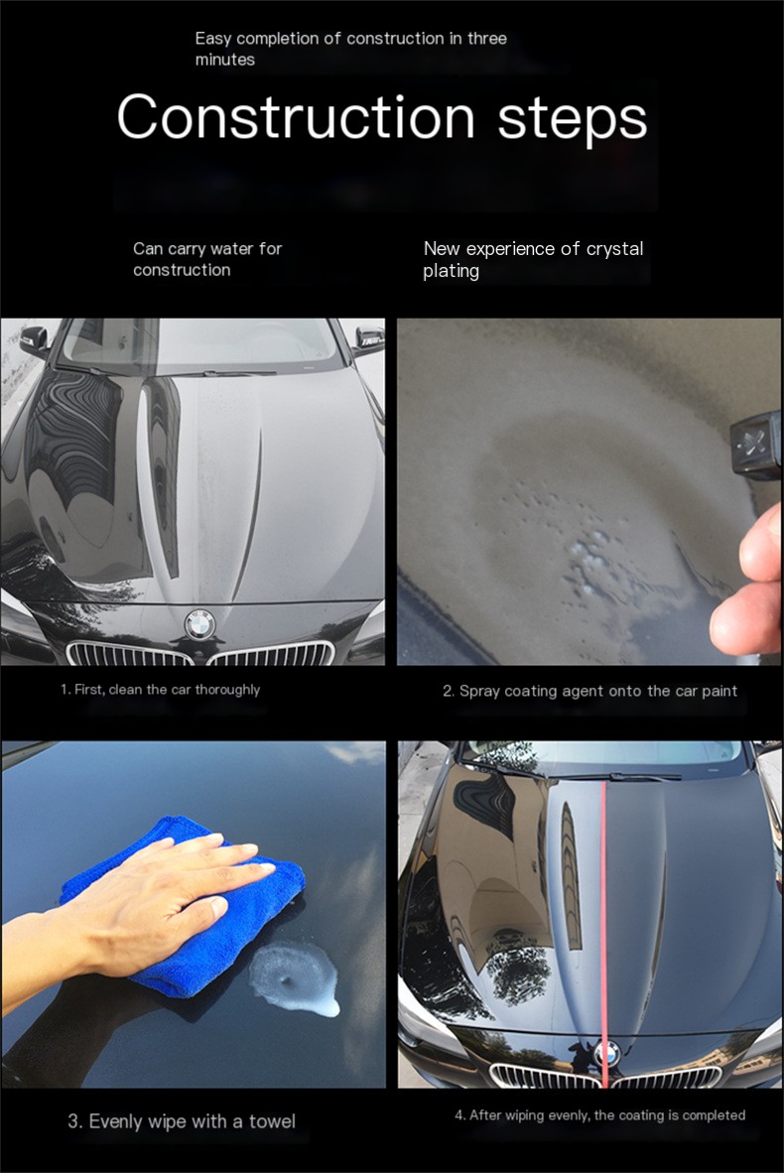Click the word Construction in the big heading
[x=297, y=117]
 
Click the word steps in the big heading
[x=573, y=120]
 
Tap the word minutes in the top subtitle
[x=225, y=60]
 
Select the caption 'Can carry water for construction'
[x=207, y=259]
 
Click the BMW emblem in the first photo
[x=199, y=624]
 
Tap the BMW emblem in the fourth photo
[x=607, y=1054]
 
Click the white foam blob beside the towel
[x=295, y=978]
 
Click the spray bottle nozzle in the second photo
[x=755, y=446]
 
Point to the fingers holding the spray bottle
[x=748, y=584]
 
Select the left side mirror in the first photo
[x=34, y=340]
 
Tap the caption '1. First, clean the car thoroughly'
[x=160, y=690]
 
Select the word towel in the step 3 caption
[x=272, y=1121]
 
